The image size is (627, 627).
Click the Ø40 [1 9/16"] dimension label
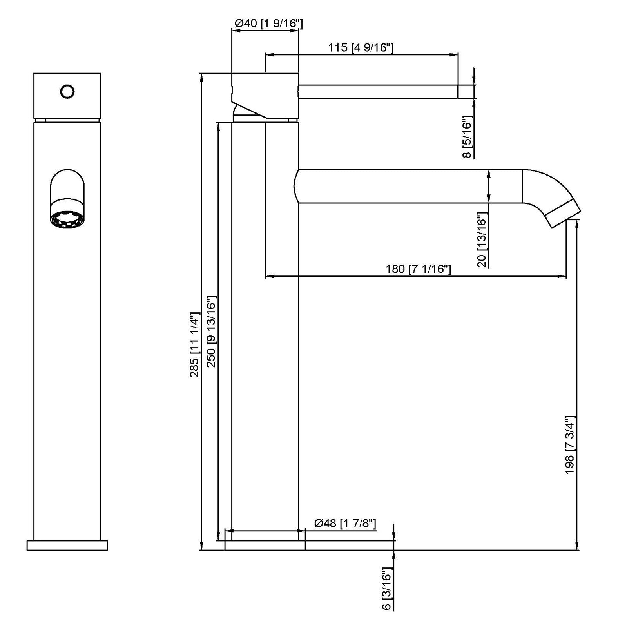click(x=268, y=24)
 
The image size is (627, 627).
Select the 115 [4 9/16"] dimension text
click(x=361, y=48)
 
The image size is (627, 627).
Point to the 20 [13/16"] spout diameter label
click(x=482, y=240)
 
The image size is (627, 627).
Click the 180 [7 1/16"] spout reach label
click(x=418, y=269)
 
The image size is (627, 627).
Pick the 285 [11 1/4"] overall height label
click(x=195, y=345)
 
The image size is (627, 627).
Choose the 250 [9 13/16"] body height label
click(x=211, y=331)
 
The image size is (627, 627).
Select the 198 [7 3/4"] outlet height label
click(x=570, y=445)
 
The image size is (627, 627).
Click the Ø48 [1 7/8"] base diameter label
click(x=345, y=523)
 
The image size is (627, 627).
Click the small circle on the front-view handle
click(x=67, y=92)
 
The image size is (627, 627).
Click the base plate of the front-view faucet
click(x=67, y=545)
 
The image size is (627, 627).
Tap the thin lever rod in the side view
click(x=378, y=92)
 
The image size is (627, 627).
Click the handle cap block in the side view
click(x=265, y=94)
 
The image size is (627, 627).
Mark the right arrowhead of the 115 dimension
click(x=455, y=55)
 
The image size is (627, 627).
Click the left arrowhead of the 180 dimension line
click(x=268, y=277)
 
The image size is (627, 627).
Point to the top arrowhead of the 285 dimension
click(x=202, y=77)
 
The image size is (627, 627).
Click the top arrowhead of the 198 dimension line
click(x=577, y=224)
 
